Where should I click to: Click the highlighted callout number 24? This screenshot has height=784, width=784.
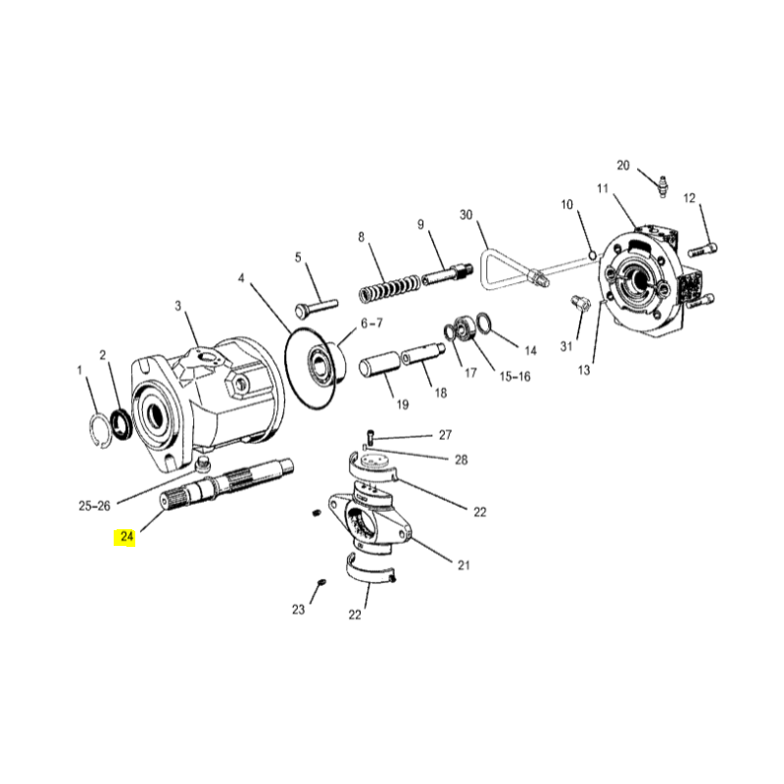127,536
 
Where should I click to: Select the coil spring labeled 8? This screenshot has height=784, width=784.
390,288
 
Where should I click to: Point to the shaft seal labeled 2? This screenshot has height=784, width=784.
121,424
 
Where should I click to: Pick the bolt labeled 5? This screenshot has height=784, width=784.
316,307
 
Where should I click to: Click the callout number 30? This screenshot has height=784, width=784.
466,215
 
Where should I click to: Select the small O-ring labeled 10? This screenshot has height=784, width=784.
593,256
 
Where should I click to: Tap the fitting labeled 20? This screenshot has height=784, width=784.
663,186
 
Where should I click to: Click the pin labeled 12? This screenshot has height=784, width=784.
703,249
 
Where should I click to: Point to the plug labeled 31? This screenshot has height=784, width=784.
580,303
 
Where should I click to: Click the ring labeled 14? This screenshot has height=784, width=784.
484,322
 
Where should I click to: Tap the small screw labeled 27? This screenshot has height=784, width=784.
370,436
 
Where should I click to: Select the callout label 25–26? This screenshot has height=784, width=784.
94,506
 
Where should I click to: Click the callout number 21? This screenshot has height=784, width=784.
464,565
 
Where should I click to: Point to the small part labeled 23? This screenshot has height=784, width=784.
321,582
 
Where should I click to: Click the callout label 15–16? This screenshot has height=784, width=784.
515,376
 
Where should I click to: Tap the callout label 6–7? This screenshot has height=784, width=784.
371,323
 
